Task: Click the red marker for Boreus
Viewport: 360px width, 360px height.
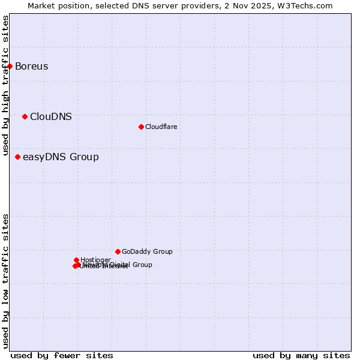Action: point(10,66)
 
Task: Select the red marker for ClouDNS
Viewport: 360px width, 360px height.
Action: point(25,116)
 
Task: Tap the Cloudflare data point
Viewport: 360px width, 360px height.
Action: point(141,127)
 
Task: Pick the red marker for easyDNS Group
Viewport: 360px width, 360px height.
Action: point(17,157)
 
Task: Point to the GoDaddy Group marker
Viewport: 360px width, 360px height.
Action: point(118,251)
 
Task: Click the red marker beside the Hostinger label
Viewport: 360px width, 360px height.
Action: point(76,260)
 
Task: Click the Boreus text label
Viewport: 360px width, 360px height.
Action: point(31,66)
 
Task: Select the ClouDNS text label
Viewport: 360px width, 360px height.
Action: point(51,116)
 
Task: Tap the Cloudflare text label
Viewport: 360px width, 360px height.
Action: point(161,127)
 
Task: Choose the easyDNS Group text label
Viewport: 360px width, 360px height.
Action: point(61,157)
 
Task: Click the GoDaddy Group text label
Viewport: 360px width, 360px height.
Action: point(147,251)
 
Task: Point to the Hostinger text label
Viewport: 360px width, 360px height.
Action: point(95,260)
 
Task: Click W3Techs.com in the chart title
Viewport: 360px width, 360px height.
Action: point(307,5)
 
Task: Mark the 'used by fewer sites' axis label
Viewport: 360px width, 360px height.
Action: point(62,355)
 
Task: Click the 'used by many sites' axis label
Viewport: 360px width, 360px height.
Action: point(301,355)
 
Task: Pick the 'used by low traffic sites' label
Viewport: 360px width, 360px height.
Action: point(5,281)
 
